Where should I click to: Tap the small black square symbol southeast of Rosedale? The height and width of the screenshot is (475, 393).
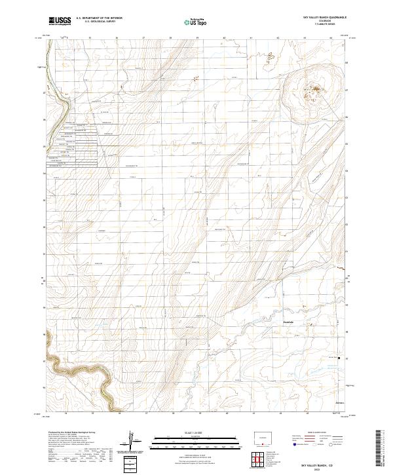tap(339, 358)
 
